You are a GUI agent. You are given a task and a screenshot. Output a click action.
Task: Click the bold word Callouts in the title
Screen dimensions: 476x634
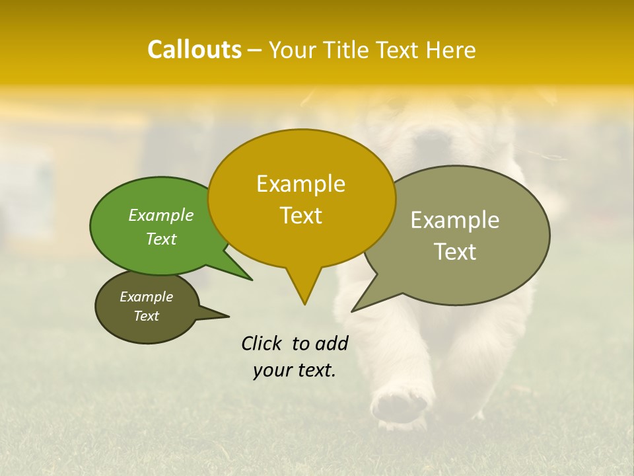coord(194,50)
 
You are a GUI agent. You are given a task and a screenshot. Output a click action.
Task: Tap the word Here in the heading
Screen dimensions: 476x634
coord(451,50)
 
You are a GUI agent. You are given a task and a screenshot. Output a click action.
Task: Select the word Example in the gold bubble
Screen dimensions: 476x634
coord(300,184)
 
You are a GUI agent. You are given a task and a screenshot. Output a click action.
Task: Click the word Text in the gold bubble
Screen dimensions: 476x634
coord(300,216)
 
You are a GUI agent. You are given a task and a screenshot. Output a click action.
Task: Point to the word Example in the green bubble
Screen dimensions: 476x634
coord(160,215)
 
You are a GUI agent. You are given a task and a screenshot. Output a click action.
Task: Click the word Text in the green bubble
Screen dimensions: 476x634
coord(160,239)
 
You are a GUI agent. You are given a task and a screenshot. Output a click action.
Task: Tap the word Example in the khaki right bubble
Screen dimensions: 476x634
coord(454,220)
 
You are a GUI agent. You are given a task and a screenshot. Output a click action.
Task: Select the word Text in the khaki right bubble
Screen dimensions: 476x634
coord(454,252)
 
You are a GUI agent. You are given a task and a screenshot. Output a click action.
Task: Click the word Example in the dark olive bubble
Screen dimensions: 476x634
coord(146,297)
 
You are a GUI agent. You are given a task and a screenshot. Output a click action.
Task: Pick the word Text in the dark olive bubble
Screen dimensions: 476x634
coord(146,316)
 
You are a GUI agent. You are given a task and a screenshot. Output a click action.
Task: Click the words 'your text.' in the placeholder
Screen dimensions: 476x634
coord(294,370)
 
